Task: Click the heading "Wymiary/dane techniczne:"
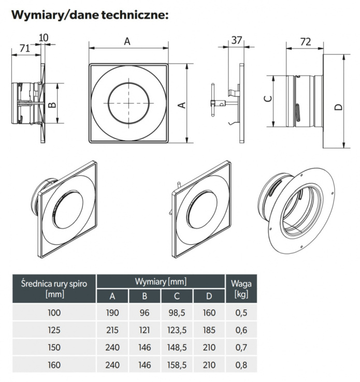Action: tap(90, 14)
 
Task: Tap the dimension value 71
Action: tap(24, 48)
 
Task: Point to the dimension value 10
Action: tap(44, 37)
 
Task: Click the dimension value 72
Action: tap(306, 42)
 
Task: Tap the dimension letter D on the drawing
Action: tap(338, 107)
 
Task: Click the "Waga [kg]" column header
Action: tap(240, 288)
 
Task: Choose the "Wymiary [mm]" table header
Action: tap(161, 282)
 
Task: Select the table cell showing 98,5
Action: tap(177, 313)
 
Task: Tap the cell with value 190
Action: tap(112, 313)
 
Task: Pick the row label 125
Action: tap(54, 330)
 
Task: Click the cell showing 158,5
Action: tap(177, 364)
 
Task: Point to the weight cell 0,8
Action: tap(241, 364)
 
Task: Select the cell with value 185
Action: tap(209, 330)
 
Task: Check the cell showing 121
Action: tap(145, 330)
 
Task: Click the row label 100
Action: tap(54, 313)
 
